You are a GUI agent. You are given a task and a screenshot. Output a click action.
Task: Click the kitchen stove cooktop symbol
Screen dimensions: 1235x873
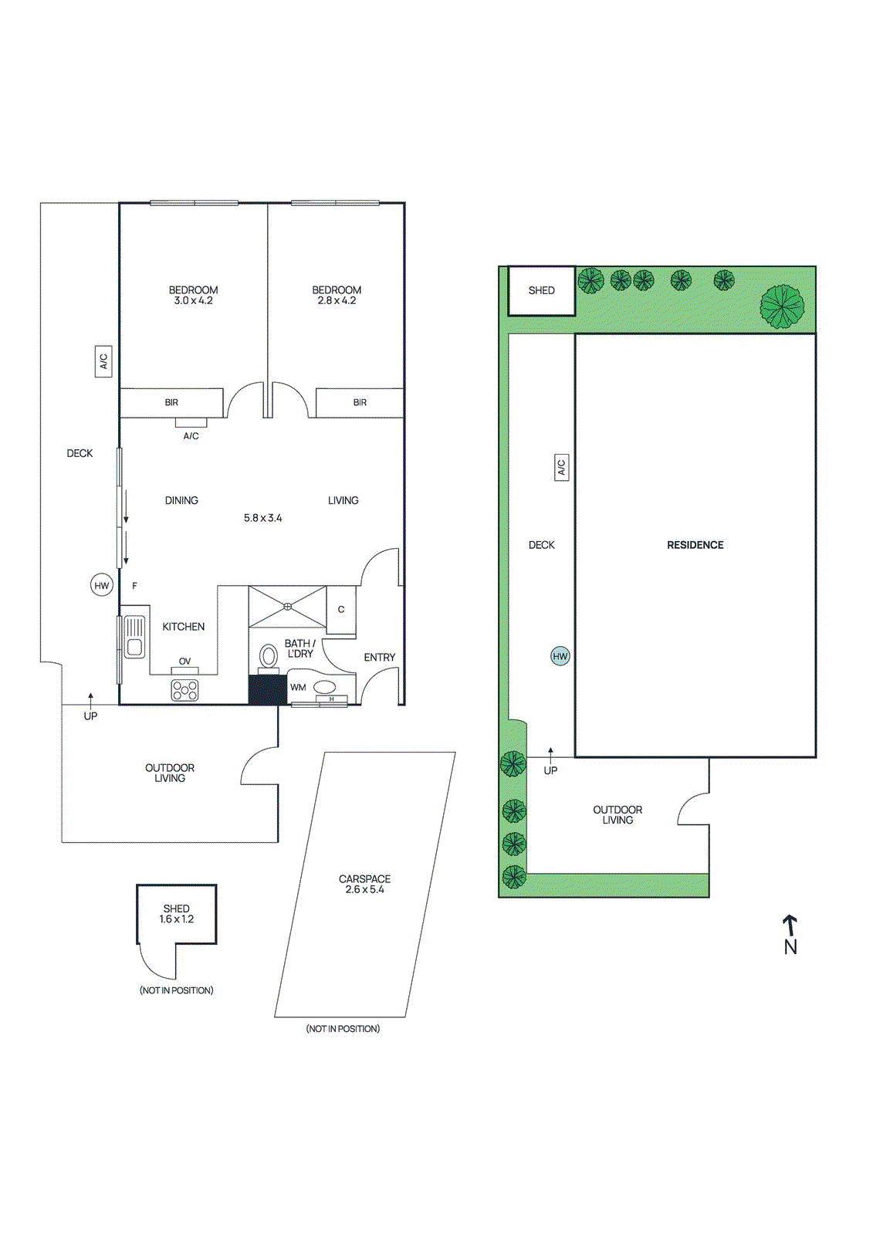coord(185,690)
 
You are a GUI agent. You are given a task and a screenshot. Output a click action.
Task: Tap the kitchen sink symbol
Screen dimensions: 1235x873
coord(134,637)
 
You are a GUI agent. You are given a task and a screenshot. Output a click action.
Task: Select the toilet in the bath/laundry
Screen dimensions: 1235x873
coord(268,657)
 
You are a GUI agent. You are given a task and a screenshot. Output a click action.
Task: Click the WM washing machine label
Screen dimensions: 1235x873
coord(298,687)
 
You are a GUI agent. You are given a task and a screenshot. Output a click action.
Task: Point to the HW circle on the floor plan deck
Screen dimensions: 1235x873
coord(102,586)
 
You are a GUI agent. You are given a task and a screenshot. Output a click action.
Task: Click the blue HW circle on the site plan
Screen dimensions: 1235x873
coord(560,656)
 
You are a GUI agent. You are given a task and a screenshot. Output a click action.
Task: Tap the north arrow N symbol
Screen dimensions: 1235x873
coord(790,935)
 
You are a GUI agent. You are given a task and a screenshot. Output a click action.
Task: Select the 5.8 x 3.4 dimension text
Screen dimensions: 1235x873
coord(262,518)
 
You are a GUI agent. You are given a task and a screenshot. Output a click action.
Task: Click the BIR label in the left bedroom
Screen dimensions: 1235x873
coord(171,402)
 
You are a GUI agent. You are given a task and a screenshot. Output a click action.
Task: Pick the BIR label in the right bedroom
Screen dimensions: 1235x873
coord(360,402)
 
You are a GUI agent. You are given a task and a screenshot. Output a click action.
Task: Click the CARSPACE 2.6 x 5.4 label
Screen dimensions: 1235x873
coord(364,884)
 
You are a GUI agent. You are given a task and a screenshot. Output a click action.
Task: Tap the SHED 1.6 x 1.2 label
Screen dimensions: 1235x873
coord(177,914)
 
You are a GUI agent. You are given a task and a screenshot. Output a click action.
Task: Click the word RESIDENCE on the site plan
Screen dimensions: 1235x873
coord(695,545)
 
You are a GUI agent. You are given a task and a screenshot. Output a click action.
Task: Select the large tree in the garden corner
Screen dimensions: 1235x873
coord(782,306)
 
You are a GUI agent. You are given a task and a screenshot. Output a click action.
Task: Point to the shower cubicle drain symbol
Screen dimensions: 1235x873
coord(287,606)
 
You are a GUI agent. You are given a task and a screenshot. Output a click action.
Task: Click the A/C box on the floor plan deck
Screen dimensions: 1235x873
coord(103,361)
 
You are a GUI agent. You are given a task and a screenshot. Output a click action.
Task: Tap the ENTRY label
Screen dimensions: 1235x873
coord(379,657)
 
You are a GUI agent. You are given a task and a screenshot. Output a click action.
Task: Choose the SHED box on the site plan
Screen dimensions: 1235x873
coord(541,291)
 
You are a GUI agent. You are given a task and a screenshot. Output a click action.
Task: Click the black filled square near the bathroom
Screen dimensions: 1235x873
coord(267,690)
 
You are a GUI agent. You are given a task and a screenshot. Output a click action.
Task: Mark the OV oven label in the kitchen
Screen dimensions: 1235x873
coord(184,661)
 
